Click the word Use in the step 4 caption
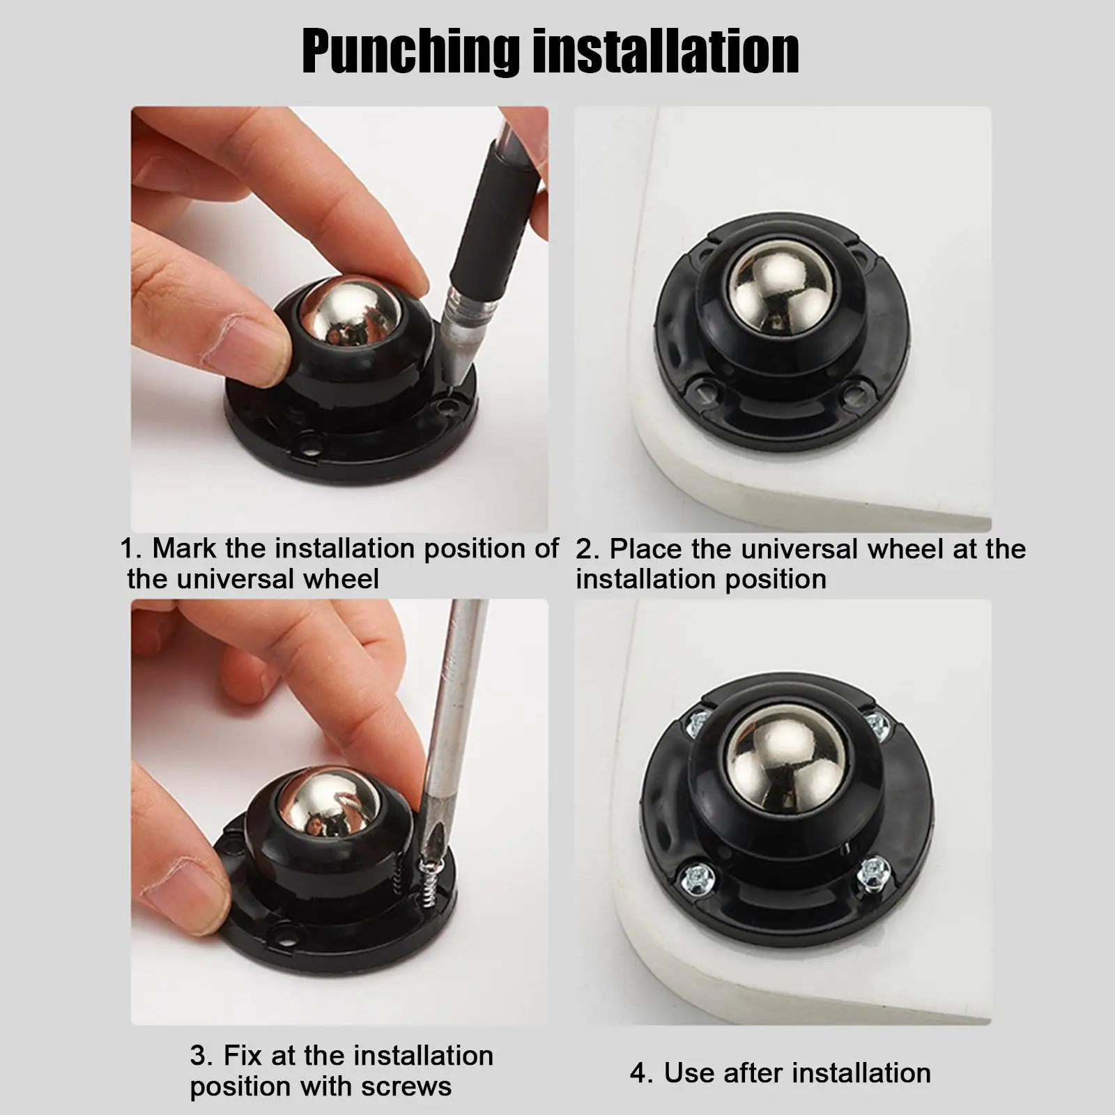pyautogui.click(x=689, y=1073)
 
